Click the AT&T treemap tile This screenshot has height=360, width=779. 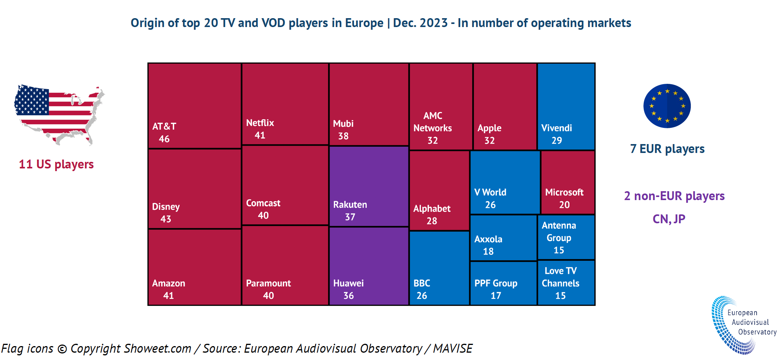point(194,105)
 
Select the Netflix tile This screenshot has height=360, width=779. point(285,104)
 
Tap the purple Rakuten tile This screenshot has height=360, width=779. point(369,186)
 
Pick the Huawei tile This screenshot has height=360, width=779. point(369,266)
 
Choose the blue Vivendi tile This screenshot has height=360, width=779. point(566,106)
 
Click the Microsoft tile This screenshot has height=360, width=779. point(567,182)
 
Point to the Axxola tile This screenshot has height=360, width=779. point(503,238)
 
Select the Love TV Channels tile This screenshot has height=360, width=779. point(566,282)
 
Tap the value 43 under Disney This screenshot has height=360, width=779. point(166,219)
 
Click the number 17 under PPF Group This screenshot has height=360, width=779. point(496,295)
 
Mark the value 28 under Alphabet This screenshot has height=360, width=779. point(432,221)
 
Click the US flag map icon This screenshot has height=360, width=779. point(59,114)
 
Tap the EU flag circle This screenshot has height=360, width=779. point(667,106)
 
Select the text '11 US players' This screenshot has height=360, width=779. point(56,164)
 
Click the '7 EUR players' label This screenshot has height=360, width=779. point(667,149)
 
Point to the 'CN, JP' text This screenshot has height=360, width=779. point(668,219)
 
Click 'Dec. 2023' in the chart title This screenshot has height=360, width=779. point(420,23)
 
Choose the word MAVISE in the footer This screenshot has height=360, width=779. point(452,348)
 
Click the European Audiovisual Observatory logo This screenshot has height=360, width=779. point(742,324)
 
